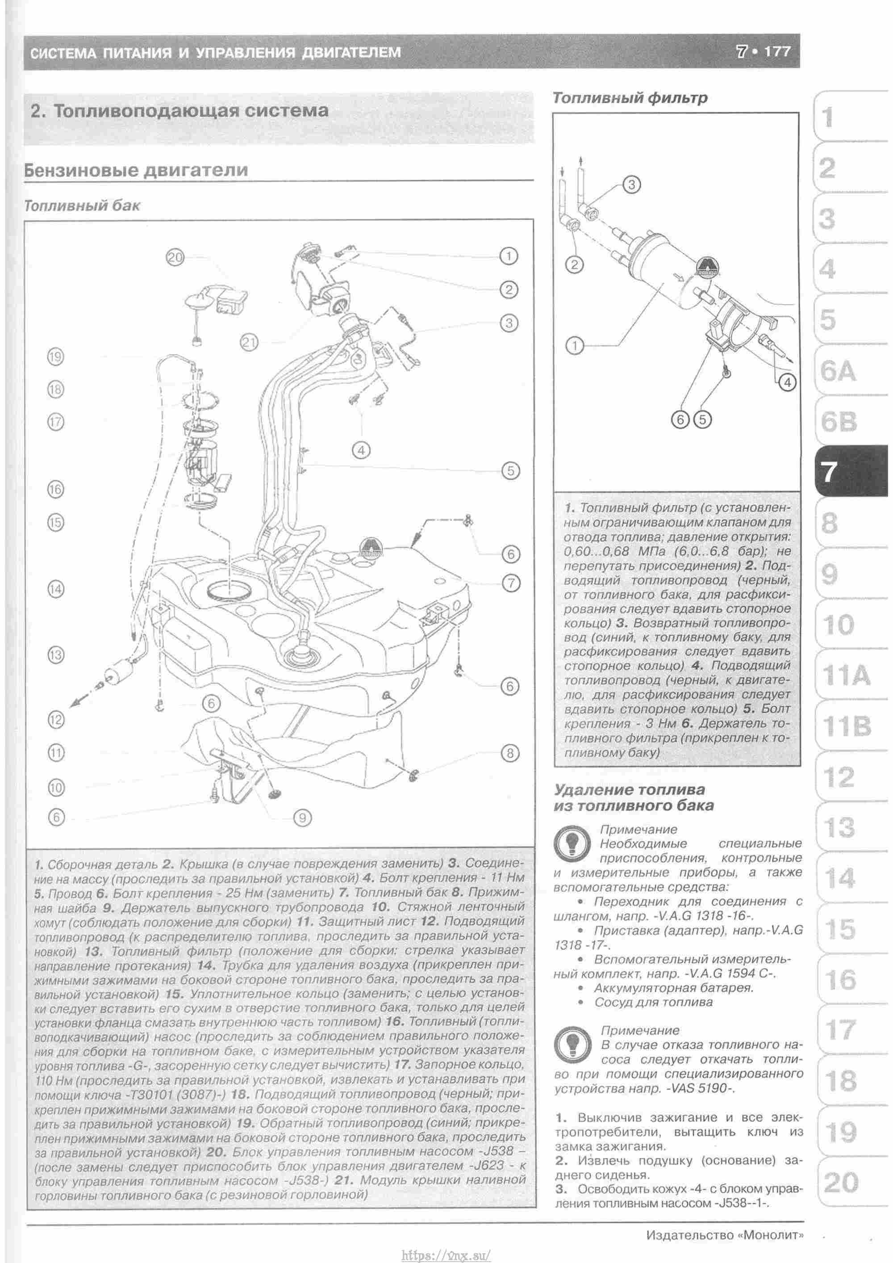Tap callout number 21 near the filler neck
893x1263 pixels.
[249, 343]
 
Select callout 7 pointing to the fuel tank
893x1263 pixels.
[511, 583]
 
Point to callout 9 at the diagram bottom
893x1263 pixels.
[302, 818]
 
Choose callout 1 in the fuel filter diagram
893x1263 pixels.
[575, 346]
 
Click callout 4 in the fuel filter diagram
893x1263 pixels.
[788, 382]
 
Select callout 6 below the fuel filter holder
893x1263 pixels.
[680, 420]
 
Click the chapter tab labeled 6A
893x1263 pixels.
[838, 372]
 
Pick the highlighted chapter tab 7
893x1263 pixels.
[830, 471]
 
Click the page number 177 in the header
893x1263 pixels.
[776, 52]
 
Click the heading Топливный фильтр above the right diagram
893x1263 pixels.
[630, 98]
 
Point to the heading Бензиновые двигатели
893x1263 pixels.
[136, 170]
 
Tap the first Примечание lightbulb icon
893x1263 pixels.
[572, 844]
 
